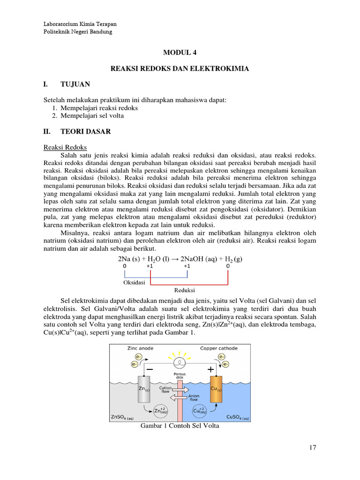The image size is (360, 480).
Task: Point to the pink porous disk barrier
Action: (x=180, y=398)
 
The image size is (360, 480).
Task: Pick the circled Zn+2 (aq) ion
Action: (x=160, y=411)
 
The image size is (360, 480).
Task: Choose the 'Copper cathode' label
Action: (x=218, y=348)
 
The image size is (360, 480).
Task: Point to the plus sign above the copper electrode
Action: (x=211, y=369)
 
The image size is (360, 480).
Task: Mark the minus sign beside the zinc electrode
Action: (x=150, y=369)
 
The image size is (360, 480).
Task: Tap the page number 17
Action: (x=313, y=448)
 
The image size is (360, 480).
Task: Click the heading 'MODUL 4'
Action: (x=180, y=53)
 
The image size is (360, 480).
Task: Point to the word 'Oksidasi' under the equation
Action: (x=134, y=283)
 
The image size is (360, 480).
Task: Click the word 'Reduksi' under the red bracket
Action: (x=184, y=290)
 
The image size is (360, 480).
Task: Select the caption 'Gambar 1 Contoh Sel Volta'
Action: (x=180, y=426)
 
